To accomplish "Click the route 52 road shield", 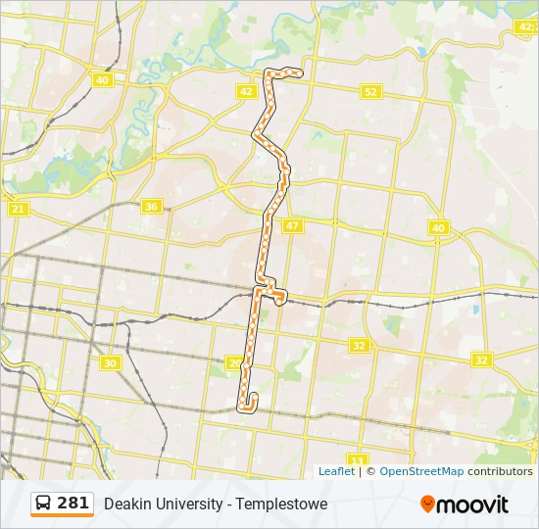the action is click(369, 91).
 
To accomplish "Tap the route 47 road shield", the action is click(292, 225).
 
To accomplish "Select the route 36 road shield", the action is click(150, 206).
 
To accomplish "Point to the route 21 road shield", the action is click(18, 209).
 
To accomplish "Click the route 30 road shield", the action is click(110, 362).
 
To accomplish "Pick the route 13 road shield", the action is click(357, 459).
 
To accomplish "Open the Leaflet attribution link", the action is click(336, 471).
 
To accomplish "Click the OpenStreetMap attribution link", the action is click(421, 471).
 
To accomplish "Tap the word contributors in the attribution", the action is click(500, 471).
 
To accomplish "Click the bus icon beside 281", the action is click(43, 504).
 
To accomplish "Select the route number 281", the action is click(73, 504).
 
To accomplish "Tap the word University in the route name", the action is click(190, 505).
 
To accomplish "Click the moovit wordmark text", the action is click(472, 505).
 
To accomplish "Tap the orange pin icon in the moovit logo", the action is click(427, 504).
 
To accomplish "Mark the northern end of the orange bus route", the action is click(298, 72).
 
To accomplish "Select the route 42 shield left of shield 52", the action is click(246, 91).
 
